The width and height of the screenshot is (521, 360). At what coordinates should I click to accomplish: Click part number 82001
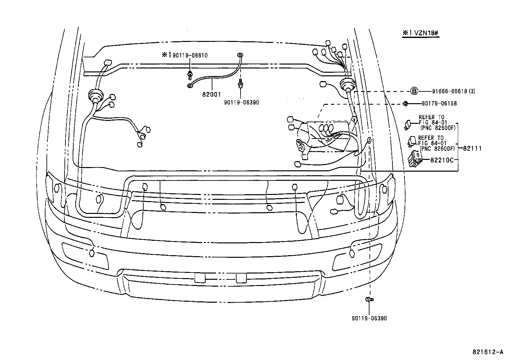tap(212, 94)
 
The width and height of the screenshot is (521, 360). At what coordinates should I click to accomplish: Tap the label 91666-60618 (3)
tap(448, 91)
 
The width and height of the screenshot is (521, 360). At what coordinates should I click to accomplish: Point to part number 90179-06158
tap(439, 104)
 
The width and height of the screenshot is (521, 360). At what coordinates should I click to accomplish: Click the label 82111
tap(472, 148)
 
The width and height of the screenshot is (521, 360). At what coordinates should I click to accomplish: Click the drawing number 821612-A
tap(488, 352)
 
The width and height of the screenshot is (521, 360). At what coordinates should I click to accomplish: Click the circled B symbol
tap(414, 91)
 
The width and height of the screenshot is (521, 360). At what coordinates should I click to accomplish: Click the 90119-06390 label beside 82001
tap(242, 102)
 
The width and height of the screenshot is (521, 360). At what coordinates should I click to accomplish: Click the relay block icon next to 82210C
tap(414, 159)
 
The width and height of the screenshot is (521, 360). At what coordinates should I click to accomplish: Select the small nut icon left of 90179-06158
tap(405, 104)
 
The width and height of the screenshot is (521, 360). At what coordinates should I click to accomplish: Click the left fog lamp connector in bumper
tap(92, 253)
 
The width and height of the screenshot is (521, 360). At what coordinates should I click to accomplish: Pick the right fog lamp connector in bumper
tap(352, 253)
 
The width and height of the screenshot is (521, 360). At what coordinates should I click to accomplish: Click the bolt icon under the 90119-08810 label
tap(190, 75)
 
